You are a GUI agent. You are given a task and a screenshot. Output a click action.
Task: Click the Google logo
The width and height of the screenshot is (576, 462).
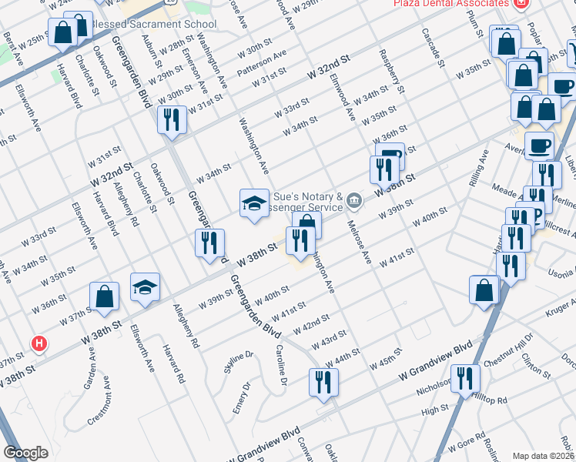pyautogui.click(x=25, y=453)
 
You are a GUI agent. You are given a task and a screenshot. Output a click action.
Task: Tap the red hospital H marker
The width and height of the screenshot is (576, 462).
pyautogui.click(x=37, y=343)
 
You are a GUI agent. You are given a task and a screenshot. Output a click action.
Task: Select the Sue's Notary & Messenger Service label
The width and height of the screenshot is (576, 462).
pyautogui.click(x=306, y=202)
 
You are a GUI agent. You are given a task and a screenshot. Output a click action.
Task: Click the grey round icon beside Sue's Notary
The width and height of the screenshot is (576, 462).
pyautogui.click(x=353, y=202)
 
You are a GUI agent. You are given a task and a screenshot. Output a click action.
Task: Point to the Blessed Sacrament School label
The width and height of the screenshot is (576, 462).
pyautogui.click(x=154, y=24)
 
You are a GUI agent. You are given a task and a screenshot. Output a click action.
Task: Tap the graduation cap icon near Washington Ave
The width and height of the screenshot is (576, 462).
pyautogui.click(x=254, y=203)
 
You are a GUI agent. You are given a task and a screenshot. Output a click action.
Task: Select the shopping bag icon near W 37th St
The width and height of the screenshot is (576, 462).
pyautogui.click(x=104, y=296)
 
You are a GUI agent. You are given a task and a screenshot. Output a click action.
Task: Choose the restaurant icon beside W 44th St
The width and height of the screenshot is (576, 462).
pyautogui.click(x=323, y=382)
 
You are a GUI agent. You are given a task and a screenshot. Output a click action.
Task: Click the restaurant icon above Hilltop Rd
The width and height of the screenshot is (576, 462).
pyautogui.click(x=466, y=378)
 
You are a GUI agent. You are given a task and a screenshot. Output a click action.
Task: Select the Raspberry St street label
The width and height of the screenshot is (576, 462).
pyautogui.click(x=391, y=71)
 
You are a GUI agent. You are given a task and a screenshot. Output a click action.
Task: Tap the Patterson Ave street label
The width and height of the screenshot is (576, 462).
pyautogui.click(x=262, y=63)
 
